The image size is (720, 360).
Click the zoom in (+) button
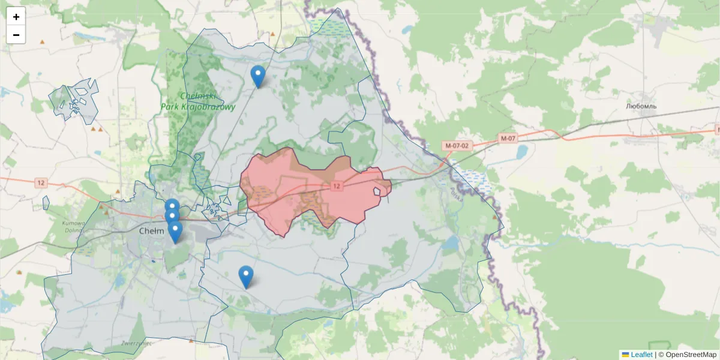[x=16, y=17]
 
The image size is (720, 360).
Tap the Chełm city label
[x=148, y=230]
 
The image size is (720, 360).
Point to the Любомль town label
[x=641, y=106]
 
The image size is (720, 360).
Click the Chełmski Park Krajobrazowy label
[x=197, y=101]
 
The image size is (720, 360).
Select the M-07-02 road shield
[x=457, y=145]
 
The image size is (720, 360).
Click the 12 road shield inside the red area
[x=337, y=186]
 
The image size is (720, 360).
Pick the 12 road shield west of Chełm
[x=41, y=182]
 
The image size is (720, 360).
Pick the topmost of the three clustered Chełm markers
[x=172, y=208]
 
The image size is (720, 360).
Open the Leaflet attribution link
[x=641, y=355]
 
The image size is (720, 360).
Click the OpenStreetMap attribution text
[x=691, y=355]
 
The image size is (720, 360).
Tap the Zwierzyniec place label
[x=136, y=344]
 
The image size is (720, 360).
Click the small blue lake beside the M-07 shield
[x=520, y=151]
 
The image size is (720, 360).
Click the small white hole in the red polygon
[x=379, y=191]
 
